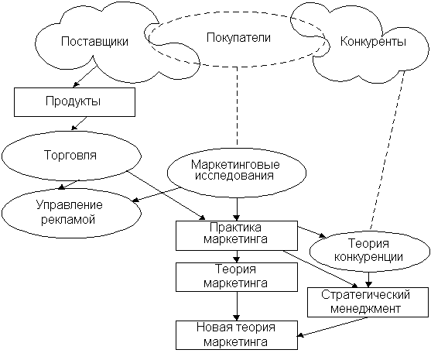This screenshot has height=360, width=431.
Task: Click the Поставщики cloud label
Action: [94, 42]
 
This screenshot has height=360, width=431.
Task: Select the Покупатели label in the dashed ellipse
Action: [238, 38]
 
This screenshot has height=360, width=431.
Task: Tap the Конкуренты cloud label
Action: [373, 42]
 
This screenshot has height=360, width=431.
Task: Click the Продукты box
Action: [74, 102]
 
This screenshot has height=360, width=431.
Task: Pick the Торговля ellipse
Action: [71, 156]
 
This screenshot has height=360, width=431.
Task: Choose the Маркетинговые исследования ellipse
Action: [237, 173]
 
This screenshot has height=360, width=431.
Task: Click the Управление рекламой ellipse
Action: [71, 213]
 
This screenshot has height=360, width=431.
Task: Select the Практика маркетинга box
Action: [237, 235]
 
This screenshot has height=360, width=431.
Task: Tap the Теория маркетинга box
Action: [237, 277]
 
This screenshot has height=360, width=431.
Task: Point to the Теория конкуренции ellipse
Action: [369, 251]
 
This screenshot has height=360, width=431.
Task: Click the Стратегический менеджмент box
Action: [368, 302]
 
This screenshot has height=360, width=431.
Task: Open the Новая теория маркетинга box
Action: [237, 335]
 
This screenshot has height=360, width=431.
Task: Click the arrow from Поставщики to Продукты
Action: [84, 77]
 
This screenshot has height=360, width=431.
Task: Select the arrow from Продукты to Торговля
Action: [79, 123]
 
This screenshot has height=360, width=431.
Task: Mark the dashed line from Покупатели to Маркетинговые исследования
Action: [237, 105]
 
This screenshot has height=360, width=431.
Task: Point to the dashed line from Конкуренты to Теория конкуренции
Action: [388, 150]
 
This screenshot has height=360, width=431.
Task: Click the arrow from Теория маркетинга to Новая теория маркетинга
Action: [237, 306]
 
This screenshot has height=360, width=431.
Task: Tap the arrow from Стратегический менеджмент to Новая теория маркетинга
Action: [333, 327]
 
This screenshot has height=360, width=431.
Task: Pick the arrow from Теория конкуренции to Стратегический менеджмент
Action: [368, 279]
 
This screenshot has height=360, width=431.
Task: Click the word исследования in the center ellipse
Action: [234, 176]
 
